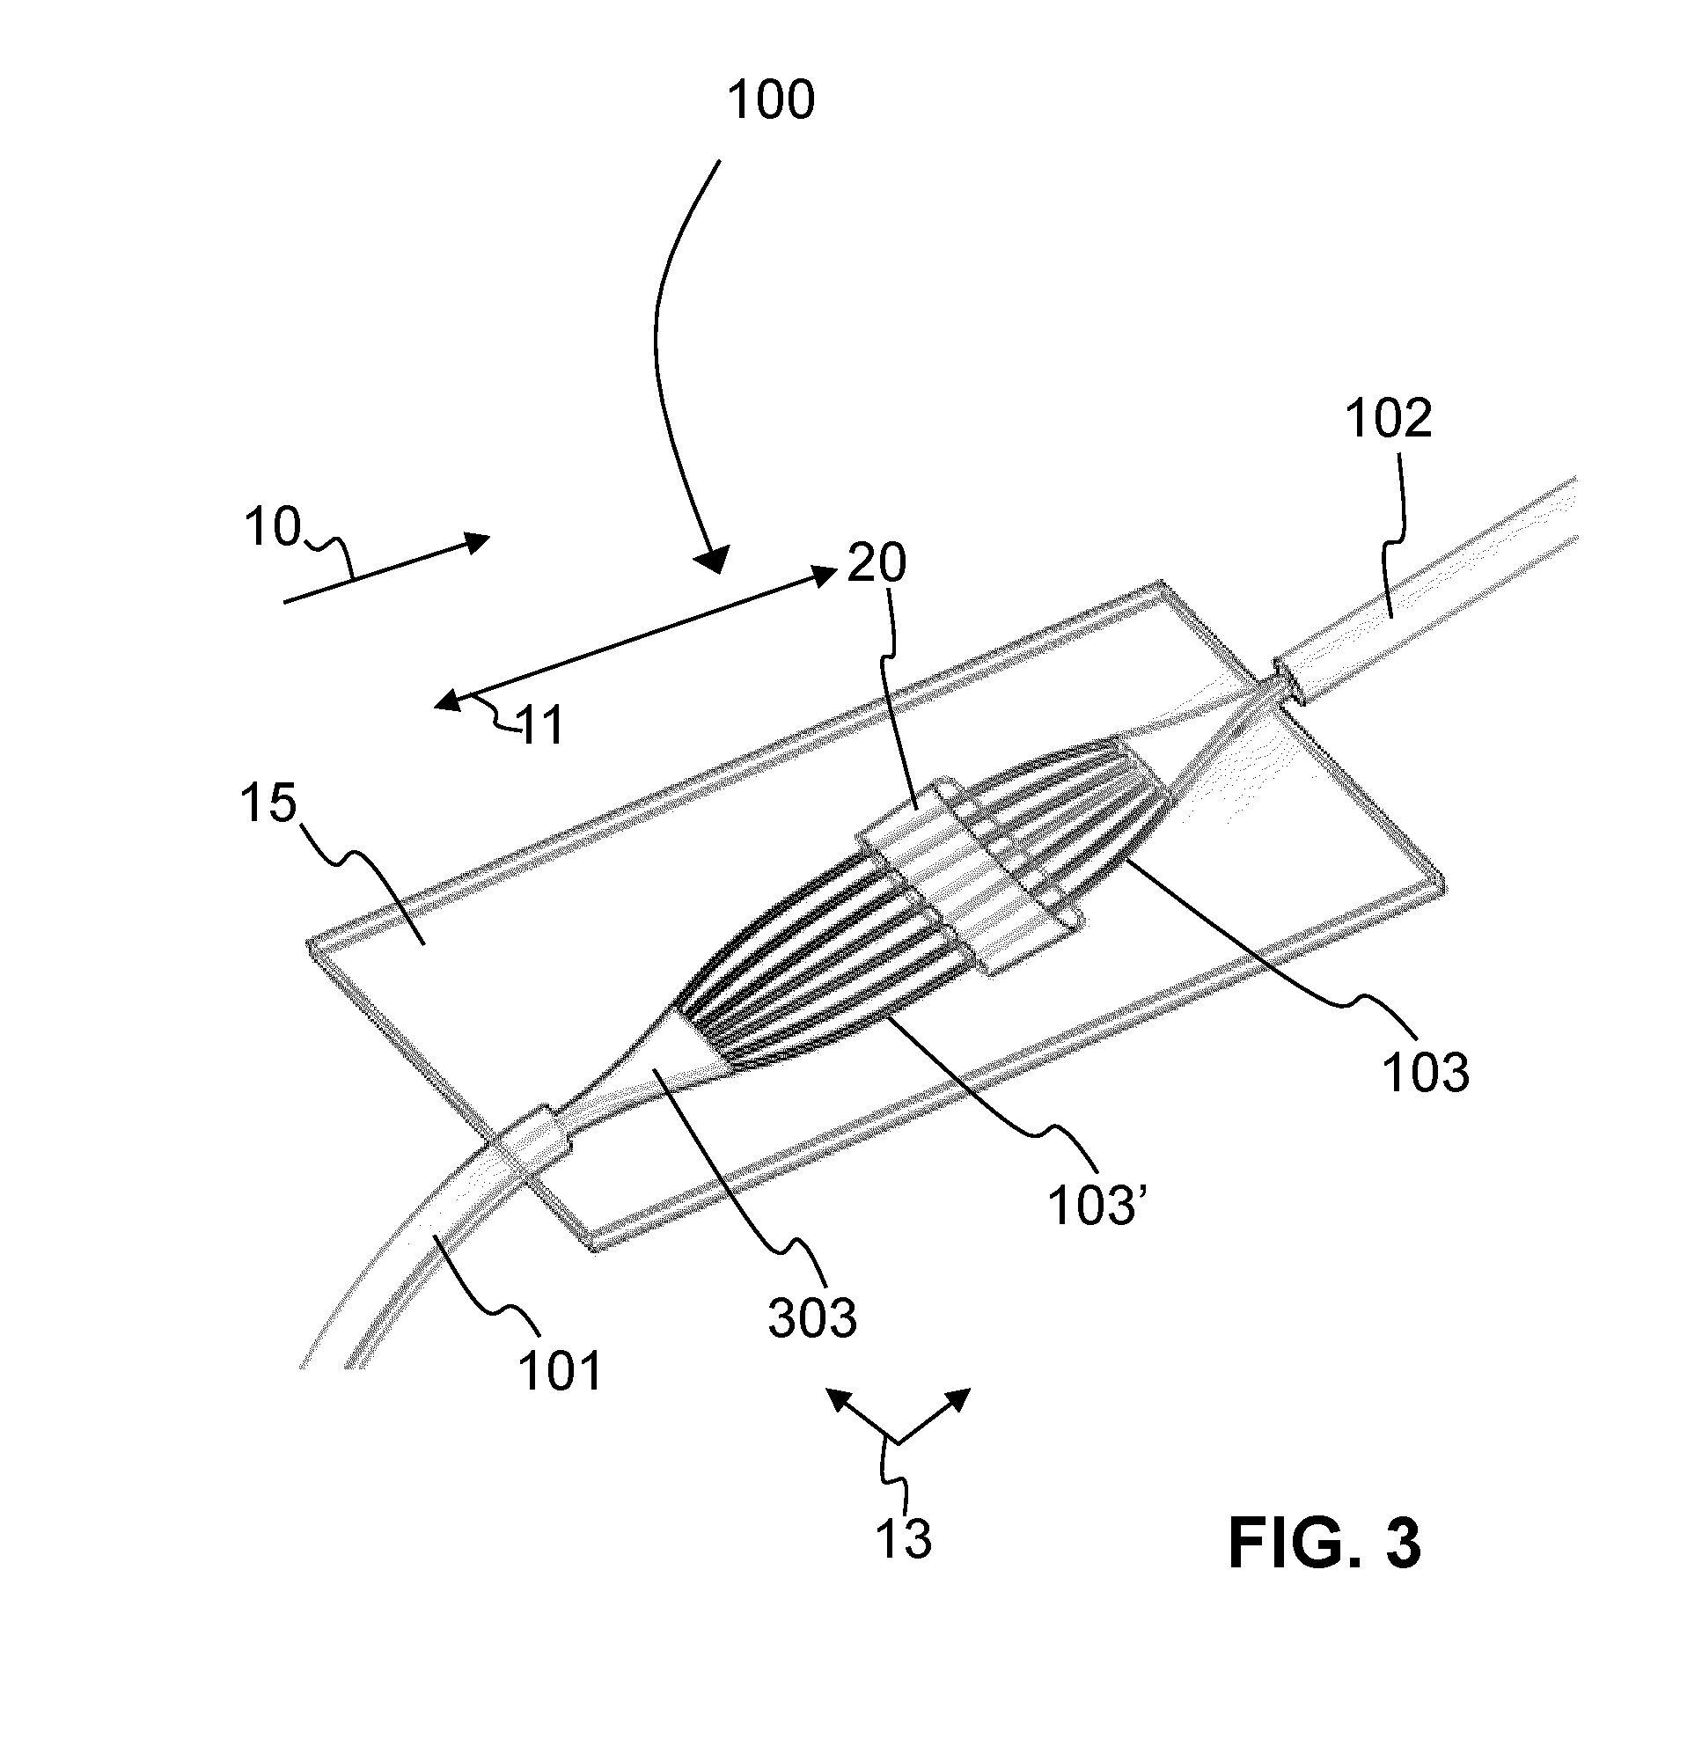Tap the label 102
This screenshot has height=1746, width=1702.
click(1388, 417)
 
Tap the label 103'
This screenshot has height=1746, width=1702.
click(1096, 1206)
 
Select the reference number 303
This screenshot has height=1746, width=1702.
click(812, 1317)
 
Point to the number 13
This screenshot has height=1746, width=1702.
click(903, 1537)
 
